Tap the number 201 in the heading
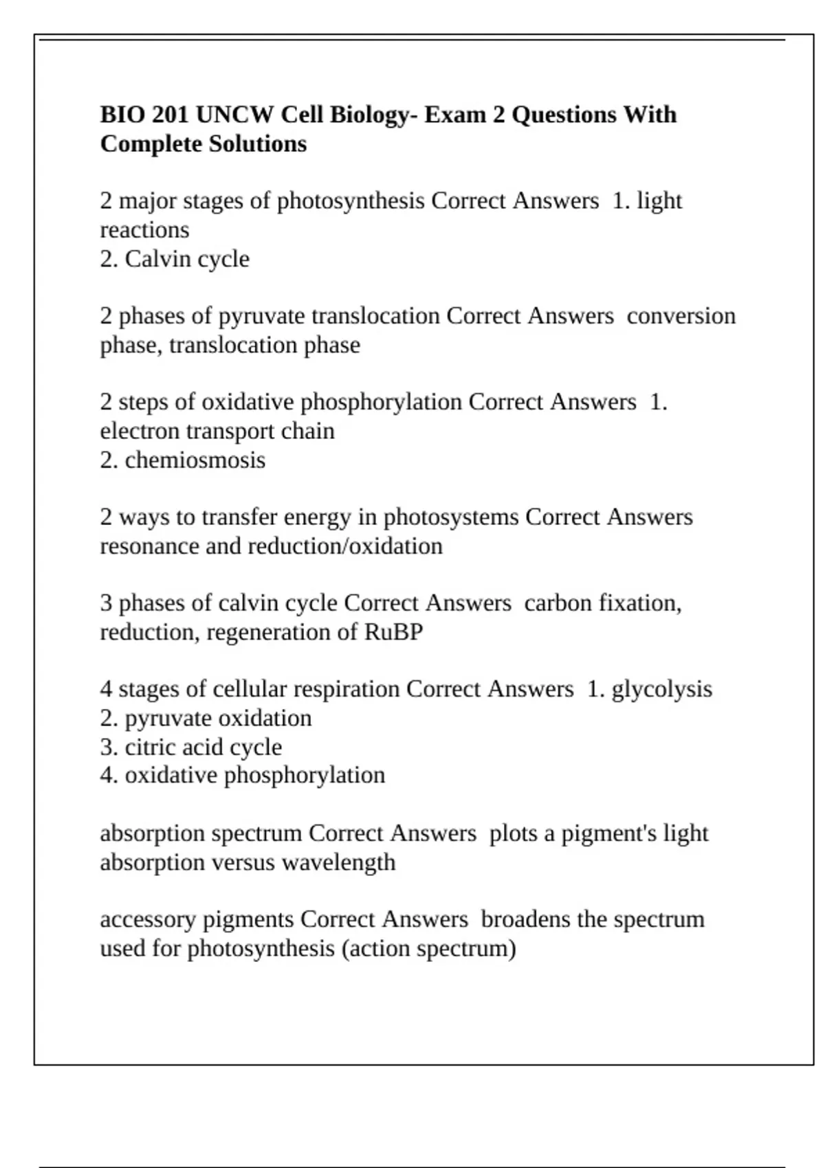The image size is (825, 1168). (x=170, y=114)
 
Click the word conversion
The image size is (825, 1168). (x=681, y=316)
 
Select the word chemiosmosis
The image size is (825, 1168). (x=195, y=460)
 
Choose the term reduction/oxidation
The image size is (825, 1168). (x=345, y=546)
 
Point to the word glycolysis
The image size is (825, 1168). (x=661, y=689)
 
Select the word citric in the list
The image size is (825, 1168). (x=147, y=747)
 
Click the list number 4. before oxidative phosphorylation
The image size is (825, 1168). (x=109, y=775)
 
